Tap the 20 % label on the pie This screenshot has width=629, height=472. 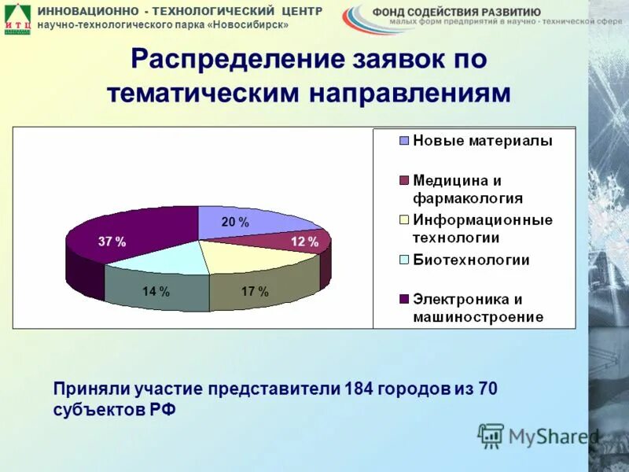coord(234,223)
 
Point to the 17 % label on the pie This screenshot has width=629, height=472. coord(255,292)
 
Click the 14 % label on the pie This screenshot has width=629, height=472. coord(156,292)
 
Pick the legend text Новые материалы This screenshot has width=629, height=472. coord(483,142)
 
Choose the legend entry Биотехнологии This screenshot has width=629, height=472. coord(471,260)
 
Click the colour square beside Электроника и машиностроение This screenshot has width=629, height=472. coord(404,300)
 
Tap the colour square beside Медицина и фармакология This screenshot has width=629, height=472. coord(404,181)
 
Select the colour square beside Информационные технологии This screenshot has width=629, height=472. coord(404,220)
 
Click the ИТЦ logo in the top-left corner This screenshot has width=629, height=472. coord(17,18)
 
